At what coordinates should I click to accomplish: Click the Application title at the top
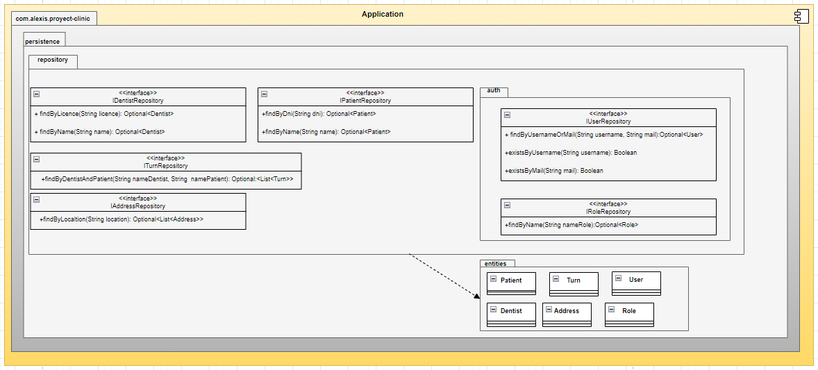pos(382,14)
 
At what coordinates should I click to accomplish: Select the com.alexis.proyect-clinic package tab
pos(53,18)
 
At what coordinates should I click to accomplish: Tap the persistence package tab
pos(43,41)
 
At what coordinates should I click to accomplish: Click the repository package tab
pos(53,60)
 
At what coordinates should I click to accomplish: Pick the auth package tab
pos(494,91)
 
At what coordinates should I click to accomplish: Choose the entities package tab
pos(496,264)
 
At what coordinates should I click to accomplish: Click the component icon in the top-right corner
pos(801,17)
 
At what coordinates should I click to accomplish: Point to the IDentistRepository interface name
pos(137,101)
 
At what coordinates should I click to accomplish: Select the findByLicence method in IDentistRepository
pos(104,113)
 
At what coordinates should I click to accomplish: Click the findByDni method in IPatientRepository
pos(319,113)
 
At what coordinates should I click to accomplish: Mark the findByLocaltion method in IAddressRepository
pos(122,219)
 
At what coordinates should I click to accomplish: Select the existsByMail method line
pos(554,171)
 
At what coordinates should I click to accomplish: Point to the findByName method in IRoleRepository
pos(571,225)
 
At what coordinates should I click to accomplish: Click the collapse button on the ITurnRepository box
pos(37,159)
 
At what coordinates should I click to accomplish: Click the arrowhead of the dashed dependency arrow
pos(477,296)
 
